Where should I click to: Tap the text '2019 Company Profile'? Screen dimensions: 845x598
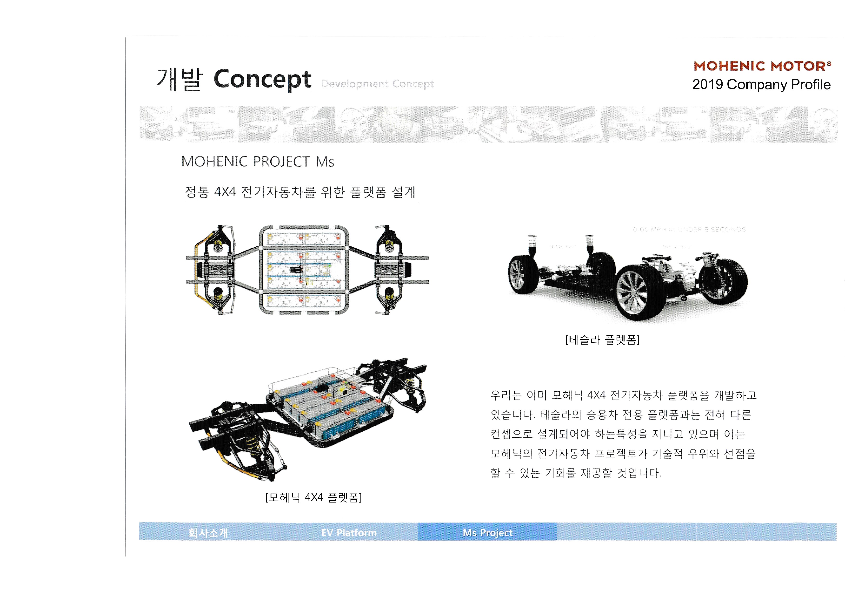761,84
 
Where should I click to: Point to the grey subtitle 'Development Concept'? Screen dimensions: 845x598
377,84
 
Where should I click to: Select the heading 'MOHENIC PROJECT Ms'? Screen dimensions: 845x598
258,162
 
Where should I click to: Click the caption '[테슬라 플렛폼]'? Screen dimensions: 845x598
602,340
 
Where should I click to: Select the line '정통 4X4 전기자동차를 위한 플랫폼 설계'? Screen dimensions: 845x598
300,192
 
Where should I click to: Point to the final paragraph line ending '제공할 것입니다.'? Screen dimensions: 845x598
576,473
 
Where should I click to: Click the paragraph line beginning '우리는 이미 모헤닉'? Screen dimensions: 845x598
623,395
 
